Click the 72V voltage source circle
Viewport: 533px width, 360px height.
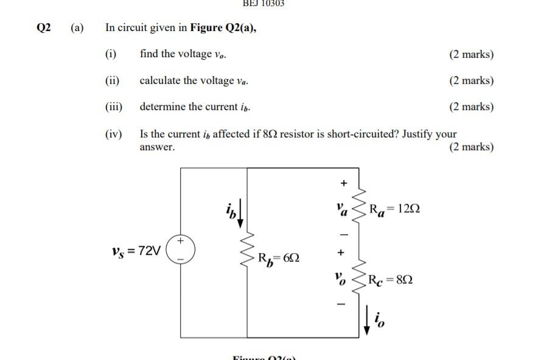tap(181, 250)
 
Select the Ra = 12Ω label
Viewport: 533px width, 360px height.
tap(394, 209)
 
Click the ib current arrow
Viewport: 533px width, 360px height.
tap(241, 213)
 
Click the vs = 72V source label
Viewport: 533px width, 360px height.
tap(137, 251)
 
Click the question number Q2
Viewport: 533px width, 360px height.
tap(44, 27)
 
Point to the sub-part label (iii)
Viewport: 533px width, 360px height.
tap(114, 107)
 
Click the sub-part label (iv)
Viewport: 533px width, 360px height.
tap(114, 134)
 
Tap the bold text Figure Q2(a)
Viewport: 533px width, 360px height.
tap(223, 27)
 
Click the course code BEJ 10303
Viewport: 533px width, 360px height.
tap(263, 3)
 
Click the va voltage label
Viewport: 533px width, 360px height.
tap(341, 209)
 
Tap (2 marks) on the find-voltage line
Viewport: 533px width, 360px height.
tap(472, 54)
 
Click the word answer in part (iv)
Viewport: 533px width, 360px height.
tap(157, 147)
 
